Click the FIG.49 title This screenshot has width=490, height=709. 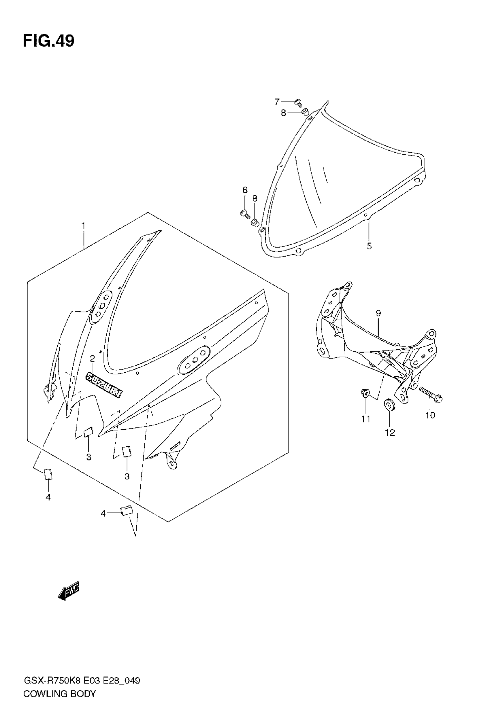click(48, 41)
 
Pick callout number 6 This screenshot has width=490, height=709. click(245, 190)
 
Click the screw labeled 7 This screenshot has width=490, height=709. click(298, 103)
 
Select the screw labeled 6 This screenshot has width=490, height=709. click(245, 213)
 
